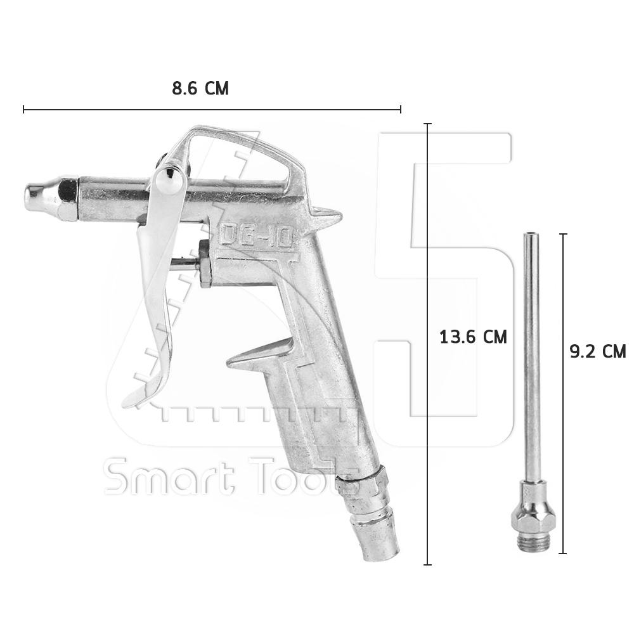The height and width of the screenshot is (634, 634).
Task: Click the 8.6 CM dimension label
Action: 200,88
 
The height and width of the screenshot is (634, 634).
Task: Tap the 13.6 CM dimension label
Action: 473,337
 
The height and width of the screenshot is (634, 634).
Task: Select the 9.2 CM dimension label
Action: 598,351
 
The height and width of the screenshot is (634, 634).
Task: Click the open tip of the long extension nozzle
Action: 529,235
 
